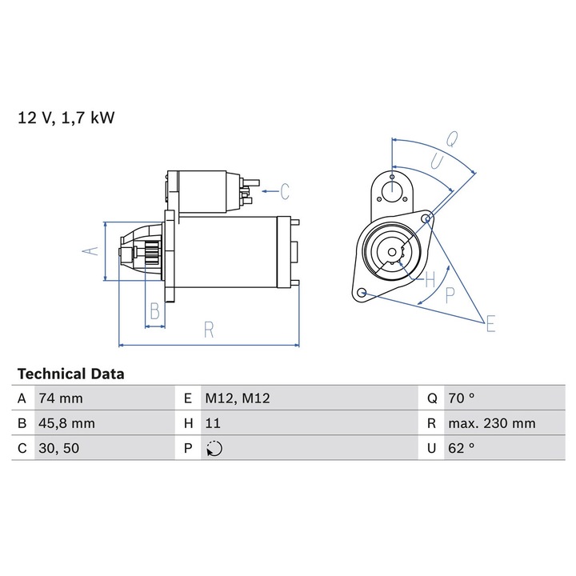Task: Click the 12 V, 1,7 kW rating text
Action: click(66, 118)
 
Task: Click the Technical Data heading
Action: click(71, 374)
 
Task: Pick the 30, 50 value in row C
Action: click(58, 449)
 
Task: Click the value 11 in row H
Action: click(213, 423)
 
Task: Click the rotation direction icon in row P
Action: click(214, 449)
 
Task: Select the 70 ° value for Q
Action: click(462, 398)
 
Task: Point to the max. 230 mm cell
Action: click(492, 423)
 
